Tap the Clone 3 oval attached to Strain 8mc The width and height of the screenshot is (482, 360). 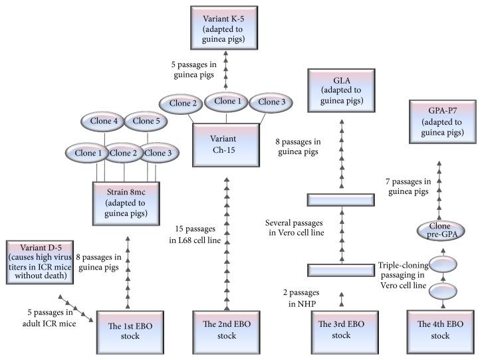coord(158,152)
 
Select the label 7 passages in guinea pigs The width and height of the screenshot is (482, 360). coord(408,186)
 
